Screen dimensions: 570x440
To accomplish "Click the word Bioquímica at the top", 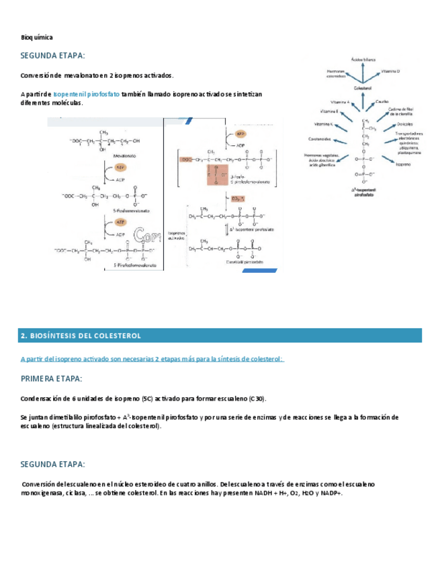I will click(36, 37).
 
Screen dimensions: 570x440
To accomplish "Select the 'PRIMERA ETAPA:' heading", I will click(52, 379).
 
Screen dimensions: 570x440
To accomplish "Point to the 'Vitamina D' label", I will click(390, 71).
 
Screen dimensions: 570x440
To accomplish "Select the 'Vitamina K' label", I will click(323, 124).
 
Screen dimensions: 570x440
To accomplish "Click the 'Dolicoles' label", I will click(404, 124).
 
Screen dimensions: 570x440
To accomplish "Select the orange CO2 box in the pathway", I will click(237, 199).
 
